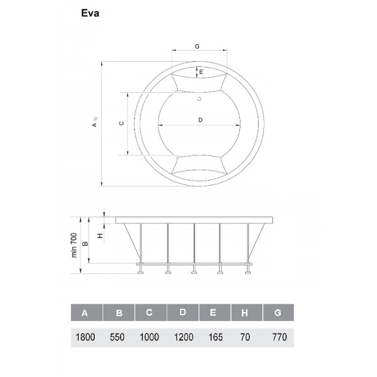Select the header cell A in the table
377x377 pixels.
(84, 313)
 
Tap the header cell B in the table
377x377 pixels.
(119, 313)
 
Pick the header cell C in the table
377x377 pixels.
(149, 313)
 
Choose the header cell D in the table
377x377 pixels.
(183, 313)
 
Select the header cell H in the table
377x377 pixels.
(244, 313)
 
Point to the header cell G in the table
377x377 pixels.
(278, 313)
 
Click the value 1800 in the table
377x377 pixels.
(85, 338)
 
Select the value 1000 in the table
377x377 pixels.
(149, 338)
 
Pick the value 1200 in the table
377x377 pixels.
(183, 338)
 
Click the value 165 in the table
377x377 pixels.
(215, 338)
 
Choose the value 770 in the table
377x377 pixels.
(278, 338)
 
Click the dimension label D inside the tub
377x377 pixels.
(200, 120)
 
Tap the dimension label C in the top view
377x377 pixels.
(121, 123)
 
